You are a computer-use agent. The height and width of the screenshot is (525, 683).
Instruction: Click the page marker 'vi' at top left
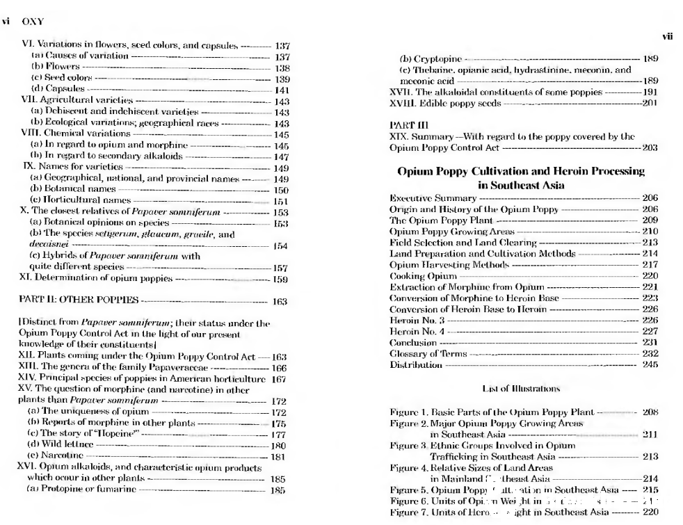6,21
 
